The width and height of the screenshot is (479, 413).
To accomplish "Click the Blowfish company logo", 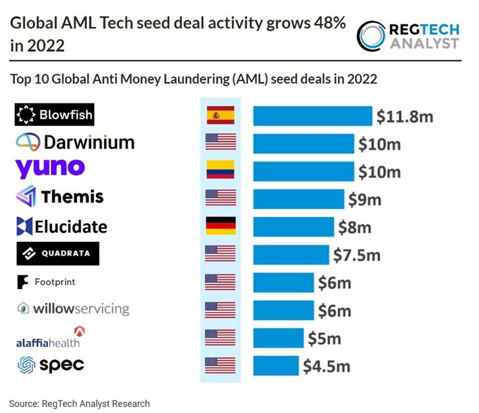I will coord(55,115).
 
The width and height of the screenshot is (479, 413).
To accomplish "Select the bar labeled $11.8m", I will coord(312,116).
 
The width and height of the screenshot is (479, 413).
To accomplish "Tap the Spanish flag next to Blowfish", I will coord(220,116).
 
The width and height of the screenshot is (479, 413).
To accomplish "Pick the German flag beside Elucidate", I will coord(220,226).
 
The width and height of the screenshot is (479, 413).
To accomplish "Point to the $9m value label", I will coord(365,200).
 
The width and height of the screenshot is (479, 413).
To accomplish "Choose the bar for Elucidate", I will coord(293,227).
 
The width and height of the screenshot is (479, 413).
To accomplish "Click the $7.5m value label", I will coord(356,255).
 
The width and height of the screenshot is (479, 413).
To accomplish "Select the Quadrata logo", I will coord(58,254).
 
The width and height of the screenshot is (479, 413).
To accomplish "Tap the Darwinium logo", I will coord(75,142).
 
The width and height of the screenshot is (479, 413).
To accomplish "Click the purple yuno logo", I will coord(50,168).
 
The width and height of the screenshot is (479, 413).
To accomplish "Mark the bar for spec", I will coord(276,365).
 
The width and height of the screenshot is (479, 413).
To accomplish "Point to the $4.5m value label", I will coord(326,366).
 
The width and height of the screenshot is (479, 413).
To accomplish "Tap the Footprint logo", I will coord(46,282).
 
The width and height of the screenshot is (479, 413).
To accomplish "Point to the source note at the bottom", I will coord(80,403).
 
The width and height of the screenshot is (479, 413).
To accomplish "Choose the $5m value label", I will coord(324,339).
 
